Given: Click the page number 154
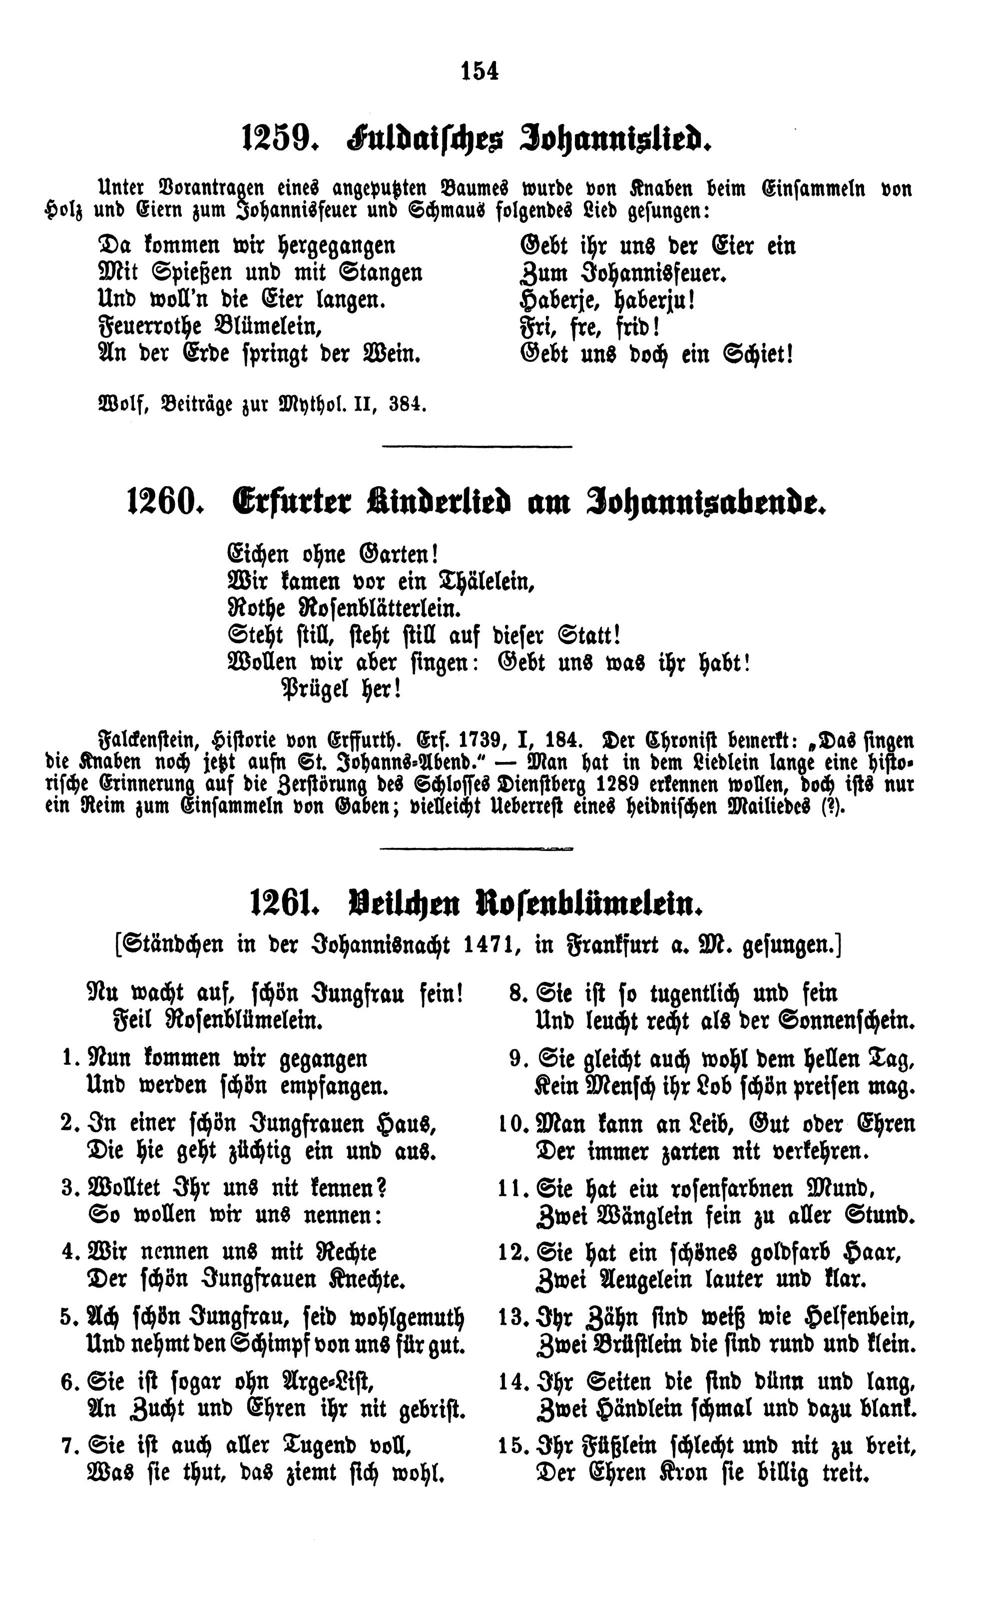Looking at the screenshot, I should point(480,70).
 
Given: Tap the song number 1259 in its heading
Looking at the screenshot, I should point(275,139).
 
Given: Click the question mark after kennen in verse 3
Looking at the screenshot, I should point(382,1187).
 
